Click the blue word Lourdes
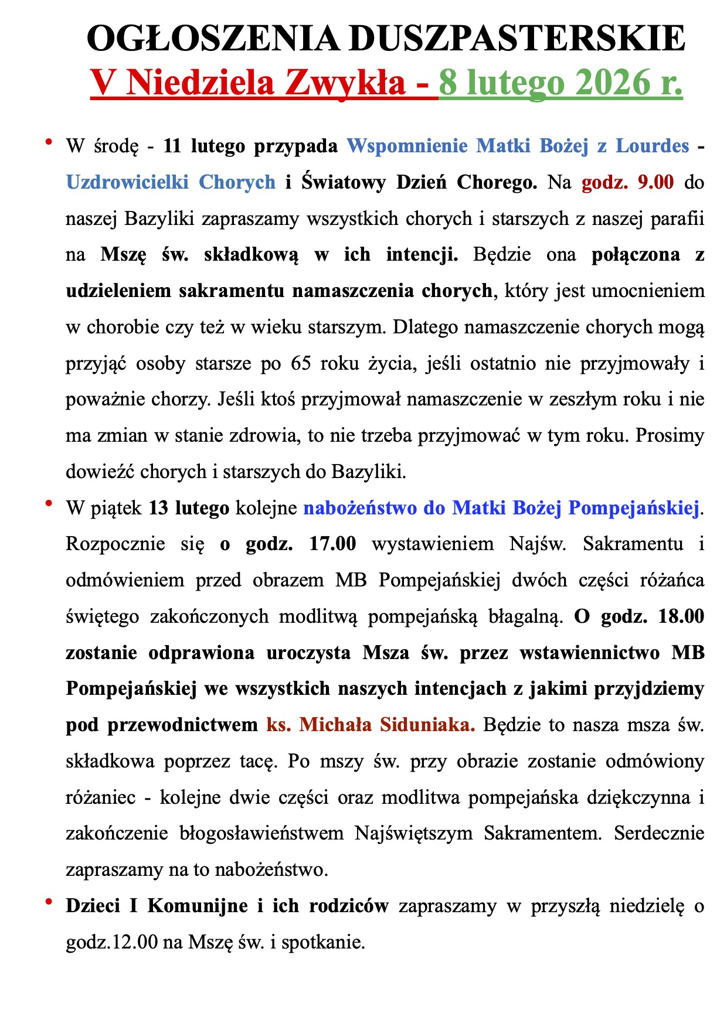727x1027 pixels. point(652,145)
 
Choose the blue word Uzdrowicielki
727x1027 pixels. point(127,182)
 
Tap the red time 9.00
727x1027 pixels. point(655,182)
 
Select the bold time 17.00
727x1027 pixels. point(332,544)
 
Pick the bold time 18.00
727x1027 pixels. point(681,616)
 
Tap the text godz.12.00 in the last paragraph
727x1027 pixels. point(112,942)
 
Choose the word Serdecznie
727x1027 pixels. point(659,833)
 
